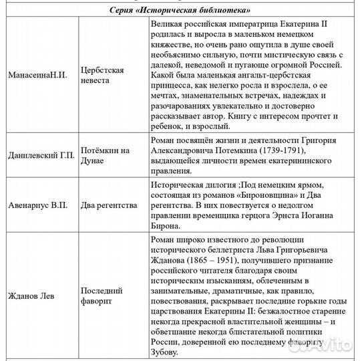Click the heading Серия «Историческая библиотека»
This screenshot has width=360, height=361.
point(180,11)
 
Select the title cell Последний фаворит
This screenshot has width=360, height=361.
point(102,296)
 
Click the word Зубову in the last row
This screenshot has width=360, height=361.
point(166,352)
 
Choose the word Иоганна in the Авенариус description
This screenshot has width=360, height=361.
point(327,215)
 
